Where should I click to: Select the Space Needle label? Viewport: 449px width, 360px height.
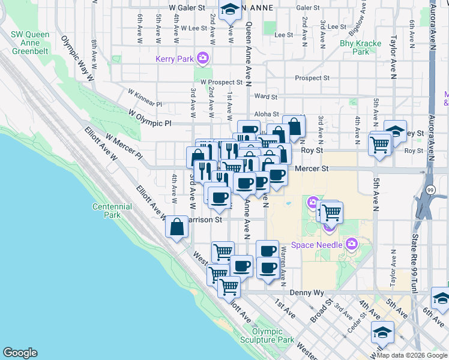316,244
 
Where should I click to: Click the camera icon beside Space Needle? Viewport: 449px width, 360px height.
351,244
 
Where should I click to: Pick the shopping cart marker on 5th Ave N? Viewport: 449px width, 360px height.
379,144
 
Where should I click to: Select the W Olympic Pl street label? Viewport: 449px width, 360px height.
150,118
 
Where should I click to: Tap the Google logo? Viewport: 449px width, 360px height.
20,353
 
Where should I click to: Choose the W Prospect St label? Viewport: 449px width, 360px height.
221,82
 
